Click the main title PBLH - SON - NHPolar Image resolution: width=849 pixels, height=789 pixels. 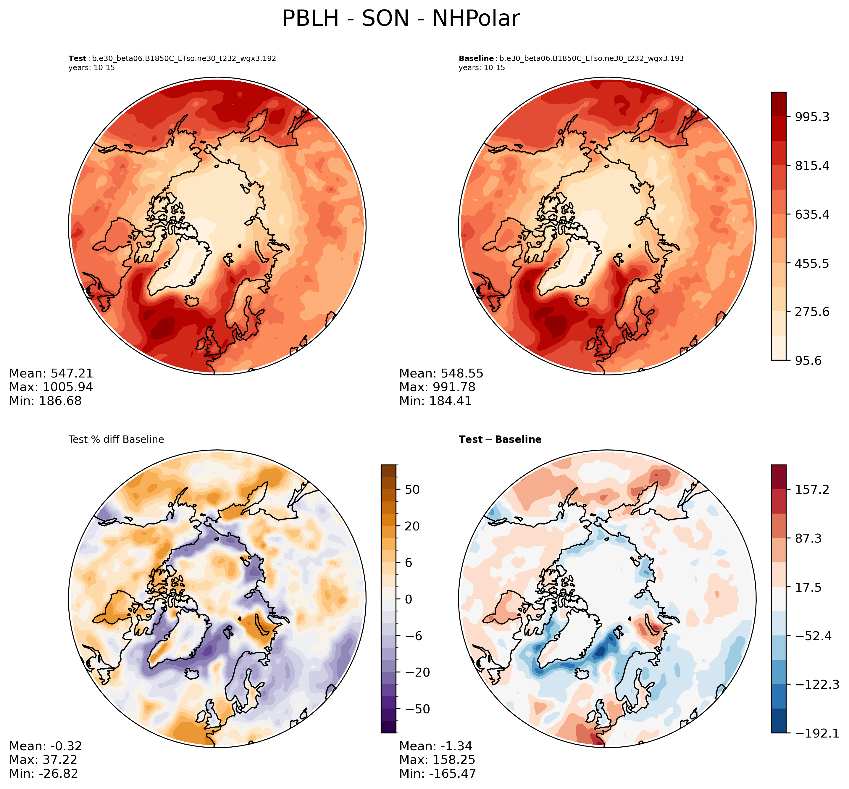click(401, 19)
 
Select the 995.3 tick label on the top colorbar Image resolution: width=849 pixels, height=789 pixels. click(811, 117)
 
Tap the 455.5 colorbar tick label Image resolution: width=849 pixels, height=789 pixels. click(811, 263)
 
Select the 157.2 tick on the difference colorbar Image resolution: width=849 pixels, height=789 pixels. click(811, 489)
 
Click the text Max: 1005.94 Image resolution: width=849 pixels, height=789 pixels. click(51, 387)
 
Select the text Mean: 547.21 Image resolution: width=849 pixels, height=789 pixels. click(51, 374)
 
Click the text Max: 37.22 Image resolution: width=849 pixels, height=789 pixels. click(43, 759)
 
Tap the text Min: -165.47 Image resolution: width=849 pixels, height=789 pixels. click(437, 773)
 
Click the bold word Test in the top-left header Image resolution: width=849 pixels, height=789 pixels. click(77, 59)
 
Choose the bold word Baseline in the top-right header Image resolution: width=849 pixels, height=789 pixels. click(476, 59)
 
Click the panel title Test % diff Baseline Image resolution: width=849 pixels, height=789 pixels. click(116, 439)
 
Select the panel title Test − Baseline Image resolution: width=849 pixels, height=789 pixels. click(500, 439)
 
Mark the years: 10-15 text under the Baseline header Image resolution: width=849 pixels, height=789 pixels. click(482, 68)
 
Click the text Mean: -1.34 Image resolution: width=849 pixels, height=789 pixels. click(435, 746)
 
